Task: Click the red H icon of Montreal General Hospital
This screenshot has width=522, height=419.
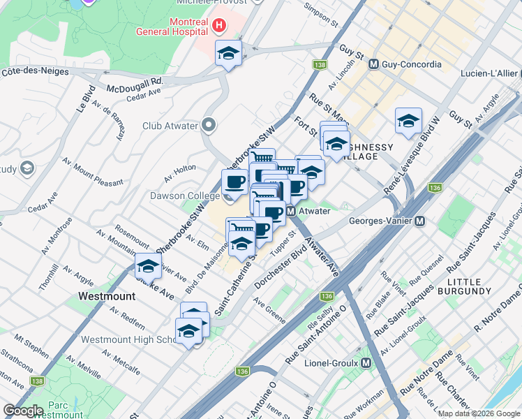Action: [x=219, y=27]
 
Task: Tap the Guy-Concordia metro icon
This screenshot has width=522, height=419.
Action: [x=373, y=64]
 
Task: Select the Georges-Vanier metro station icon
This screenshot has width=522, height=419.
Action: [x=420, y=221]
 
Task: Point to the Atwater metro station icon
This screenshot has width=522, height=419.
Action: [x=292, y=211]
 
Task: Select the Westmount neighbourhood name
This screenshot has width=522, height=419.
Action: [x=106, y=296]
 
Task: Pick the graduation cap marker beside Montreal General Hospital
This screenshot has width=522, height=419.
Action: [x=228, y=53]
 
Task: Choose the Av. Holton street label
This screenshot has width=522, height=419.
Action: [x=180, y=168]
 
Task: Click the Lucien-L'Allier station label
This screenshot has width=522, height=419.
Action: [x=488, y=73]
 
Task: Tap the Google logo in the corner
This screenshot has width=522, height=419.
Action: [x=23, y=411]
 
